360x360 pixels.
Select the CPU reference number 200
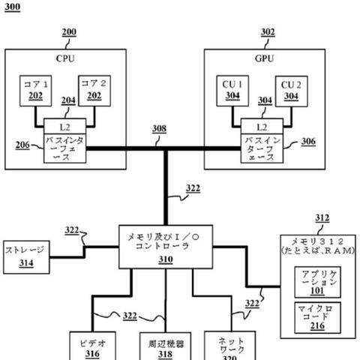coord(68,33)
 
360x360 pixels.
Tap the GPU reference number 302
coord(268,33)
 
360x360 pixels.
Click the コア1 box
coord(35,90)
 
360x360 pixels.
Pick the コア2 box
coord(94,90)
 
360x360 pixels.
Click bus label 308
coord(159,129)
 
